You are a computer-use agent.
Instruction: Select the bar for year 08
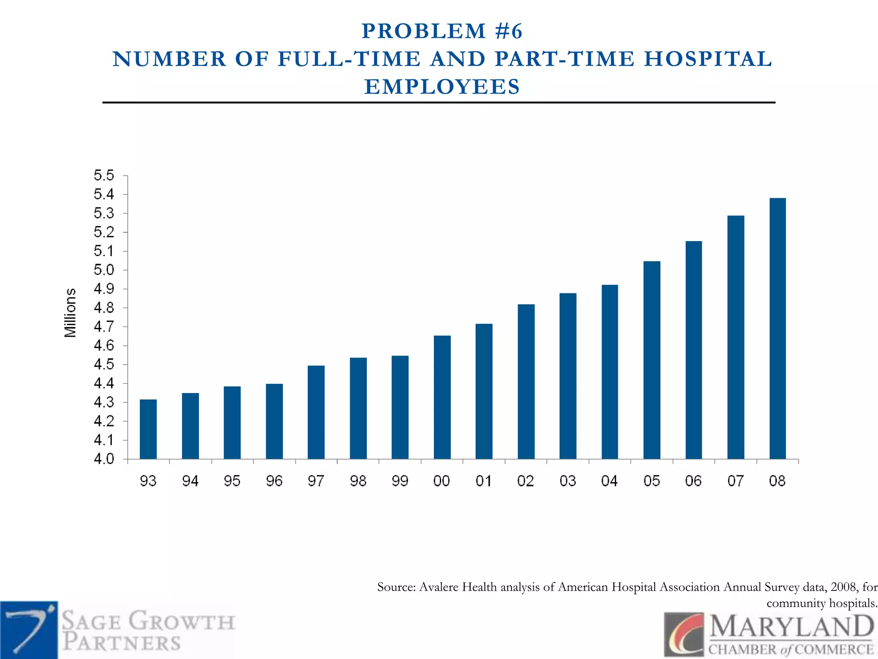777,328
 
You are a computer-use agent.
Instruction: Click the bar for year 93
148,429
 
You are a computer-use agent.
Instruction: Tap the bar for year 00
442,397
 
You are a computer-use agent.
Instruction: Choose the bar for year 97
316,412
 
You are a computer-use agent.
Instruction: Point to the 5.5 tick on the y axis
104,175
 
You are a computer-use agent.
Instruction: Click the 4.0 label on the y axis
104,459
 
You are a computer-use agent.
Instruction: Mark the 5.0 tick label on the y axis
104,270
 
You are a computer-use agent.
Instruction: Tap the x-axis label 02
526,481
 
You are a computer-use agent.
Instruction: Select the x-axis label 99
400,481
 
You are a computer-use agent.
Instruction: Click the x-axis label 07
735,481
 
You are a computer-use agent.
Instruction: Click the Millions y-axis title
70,313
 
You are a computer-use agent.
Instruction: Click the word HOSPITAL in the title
708,59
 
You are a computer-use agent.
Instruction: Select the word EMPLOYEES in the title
442,87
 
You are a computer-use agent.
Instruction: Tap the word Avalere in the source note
439,587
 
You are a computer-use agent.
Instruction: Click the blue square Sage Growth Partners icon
29,630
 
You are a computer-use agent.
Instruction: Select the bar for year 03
568,376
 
